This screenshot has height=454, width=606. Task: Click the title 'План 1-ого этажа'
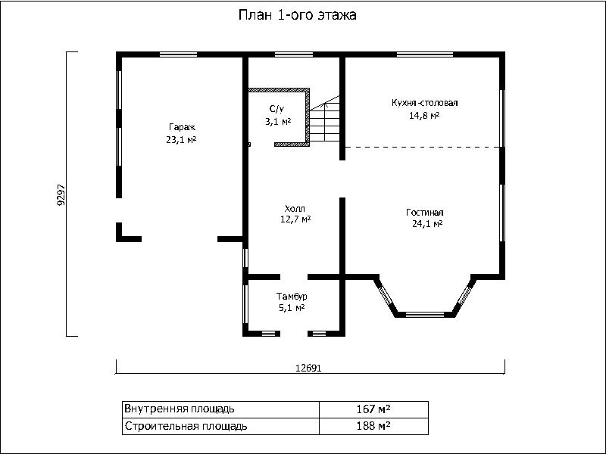click(297, 15)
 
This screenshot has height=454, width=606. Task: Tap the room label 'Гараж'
click(182, 127)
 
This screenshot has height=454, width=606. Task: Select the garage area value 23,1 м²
click(181, 140)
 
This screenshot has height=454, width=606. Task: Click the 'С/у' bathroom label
click(276, 109)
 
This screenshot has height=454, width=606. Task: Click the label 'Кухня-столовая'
click(425, 103)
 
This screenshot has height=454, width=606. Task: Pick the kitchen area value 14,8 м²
click(424, 116)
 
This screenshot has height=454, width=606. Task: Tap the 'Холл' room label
click(295, 209)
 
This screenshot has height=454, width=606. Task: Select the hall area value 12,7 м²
click(295, 219)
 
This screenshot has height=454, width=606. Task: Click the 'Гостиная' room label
click(425, 213)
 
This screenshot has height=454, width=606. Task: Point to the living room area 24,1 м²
click(427, 224)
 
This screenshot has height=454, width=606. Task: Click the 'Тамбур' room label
click(292, 297)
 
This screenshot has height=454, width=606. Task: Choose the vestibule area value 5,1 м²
click(292, 308)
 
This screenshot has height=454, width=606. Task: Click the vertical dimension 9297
click(61, 194)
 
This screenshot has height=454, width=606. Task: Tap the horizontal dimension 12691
click(308, 368)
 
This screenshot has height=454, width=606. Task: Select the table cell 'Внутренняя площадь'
click(221, 409)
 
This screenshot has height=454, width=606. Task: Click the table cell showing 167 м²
click(373, 409)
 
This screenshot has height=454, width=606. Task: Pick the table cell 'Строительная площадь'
click(221, 426)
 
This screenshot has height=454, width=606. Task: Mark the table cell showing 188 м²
click(373, 426)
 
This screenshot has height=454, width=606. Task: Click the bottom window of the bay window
click(424, 315)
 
